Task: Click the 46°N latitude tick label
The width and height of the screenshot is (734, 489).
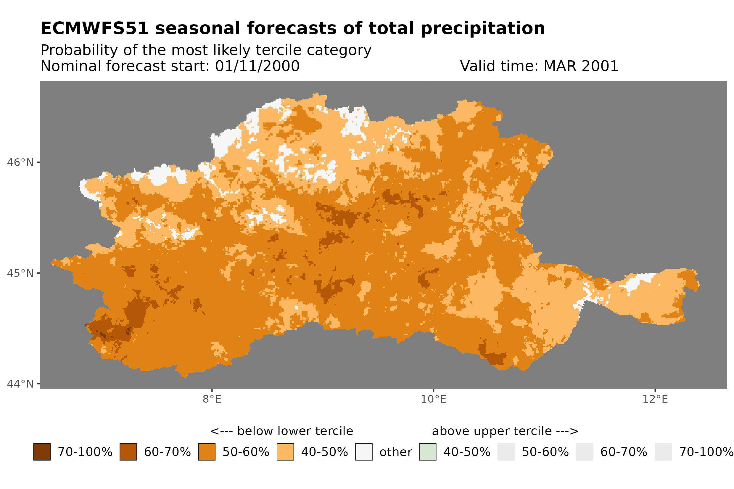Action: click(x=20, y=162)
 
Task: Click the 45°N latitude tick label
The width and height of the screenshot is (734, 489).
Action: click(x=20, y=273)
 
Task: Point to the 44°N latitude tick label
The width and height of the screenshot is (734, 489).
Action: click(x=20, y=384)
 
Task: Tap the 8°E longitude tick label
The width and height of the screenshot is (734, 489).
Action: click(x=212, y=399)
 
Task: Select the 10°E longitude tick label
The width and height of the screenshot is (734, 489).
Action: click(x=433, y=399)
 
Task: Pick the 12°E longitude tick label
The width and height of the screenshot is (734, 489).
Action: click(x=655, y=399)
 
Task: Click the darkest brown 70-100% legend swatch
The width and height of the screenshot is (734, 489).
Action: click(x=42, y=452)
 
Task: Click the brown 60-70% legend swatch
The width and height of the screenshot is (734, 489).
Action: click(x=128, y=452)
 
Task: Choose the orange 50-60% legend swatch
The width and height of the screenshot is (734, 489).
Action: click(x=207, y=452)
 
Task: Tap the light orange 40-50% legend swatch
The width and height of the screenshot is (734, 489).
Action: click(x=285, y=452)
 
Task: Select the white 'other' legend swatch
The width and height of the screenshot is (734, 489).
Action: click(x=364, y=452)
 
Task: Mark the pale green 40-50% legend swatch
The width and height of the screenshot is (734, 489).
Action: click(x=427, y=452)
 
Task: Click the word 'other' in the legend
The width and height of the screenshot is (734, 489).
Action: click(x=395, y=452)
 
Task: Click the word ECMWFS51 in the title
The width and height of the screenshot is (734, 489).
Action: click(x=94, y=28)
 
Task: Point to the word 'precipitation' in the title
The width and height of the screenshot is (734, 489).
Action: click(x=482, y=29)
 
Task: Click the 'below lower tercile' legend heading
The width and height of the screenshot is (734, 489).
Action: click(x=295, y=431)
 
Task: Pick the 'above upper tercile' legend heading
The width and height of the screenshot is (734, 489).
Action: click(x=492, y=431)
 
